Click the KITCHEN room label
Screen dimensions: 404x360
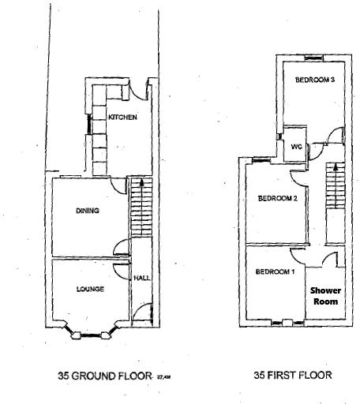point(123,118)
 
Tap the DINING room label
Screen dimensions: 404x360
point(87,211)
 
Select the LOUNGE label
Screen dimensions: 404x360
point(90,289)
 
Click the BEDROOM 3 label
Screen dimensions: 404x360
point(315,80)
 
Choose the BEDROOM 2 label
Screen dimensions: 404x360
point(277,199)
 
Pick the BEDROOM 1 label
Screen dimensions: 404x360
point(274,272)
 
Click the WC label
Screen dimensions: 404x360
point(297,147)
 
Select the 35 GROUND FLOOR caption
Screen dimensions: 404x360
point(104,376)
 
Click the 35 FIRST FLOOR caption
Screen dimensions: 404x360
point(292,376)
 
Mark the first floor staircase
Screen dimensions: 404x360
point(336,201)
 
